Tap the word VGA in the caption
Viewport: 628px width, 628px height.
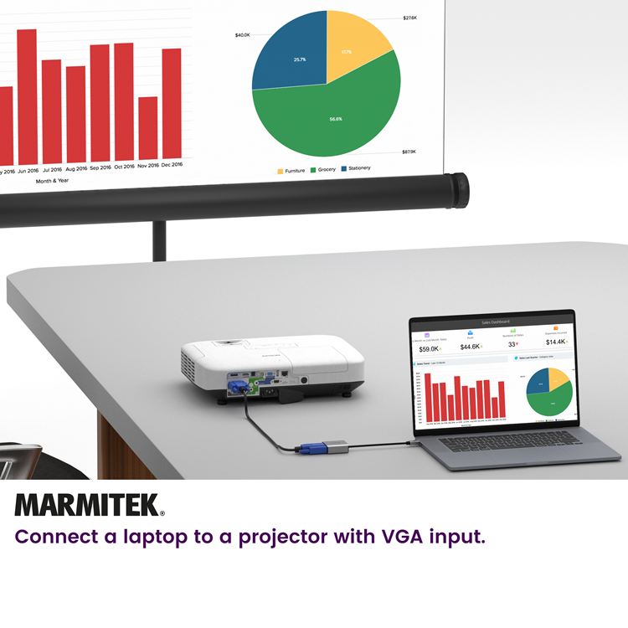tap(386, 537)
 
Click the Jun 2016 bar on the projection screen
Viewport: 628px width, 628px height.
tap(27, 96)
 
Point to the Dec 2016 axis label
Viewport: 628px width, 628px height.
tap(172, 166)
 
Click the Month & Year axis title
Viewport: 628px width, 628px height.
tap(52, 180)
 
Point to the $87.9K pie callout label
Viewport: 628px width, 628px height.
tap(409, 152)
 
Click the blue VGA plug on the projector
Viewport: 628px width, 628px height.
tap(239, 388)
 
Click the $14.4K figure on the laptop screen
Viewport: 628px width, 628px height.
tap(556, 342)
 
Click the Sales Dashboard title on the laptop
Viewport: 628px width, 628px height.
tap(494, 322)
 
